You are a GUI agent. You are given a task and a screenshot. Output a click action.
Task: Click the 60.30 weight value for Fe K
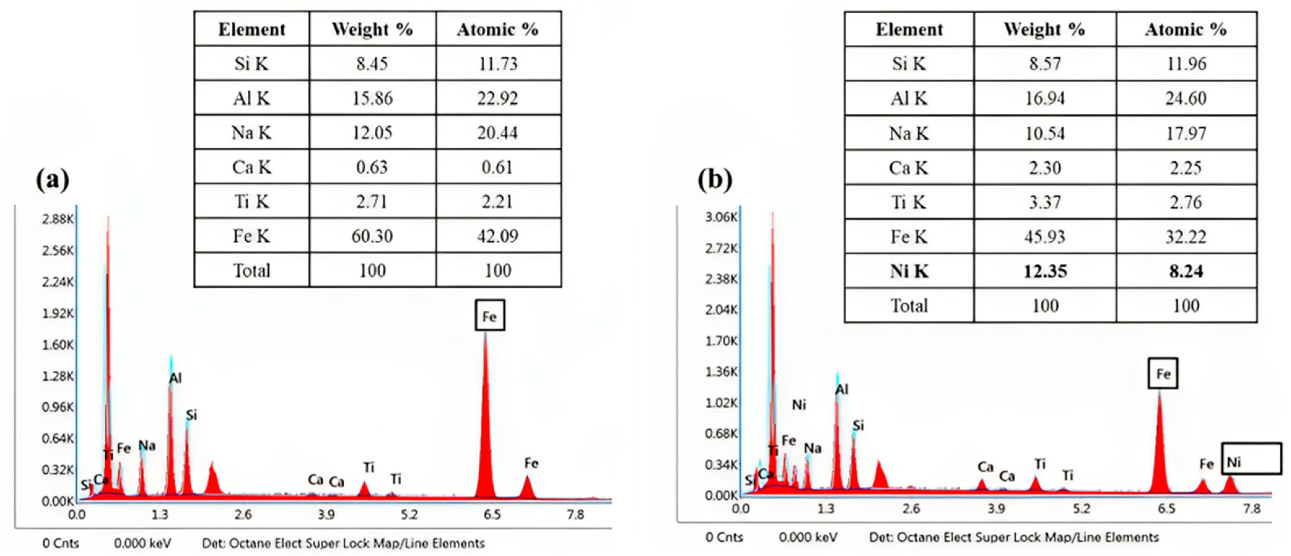(372, 236)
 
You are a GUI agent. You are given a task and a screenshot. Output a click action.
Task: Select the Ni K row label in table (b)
(909, 271)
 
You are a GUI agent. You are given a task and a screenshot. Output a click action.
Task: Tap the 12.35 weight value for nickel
(1045, 271)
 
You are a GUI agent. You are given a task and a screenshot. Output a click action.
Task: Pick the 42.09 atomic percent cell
(498, 236)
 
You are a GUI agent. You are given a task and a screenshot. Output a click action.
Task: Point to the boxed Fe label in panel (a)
(490, 316)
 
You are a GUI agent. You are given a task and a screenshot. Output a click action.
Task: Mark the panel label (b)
(715, 179)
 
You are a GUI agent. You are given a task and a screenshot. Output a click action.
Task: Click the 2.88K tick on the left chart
(58, 219)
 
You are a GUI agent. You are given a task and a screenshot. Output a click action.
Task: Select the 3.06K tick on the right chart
(721, 217)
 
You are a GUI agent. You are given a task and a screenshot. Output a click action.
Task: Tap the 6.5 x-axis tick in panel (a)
(492, 515)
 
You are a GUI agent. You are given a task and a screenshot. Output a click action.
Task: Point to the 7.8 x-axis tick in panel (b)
(1251, 509)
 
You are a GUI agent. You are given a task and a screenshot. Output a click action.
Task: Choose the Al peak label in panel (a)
(175, 378)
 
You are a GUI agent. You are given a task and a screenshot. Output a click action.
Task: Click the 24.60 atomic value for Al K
(1186, 98)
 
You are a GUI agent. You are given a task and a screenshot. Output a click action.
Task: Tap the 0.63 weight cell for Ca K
(372, 167)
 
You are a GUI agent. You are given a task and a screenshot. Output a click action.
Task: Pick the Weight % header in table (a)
(372, 29)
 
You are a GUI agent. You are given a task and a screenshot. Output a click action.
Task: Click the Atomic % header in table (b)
(1186, 29)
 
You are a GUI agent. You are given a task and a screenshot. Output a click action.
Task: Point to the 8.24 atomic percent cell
(1186, 271)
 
